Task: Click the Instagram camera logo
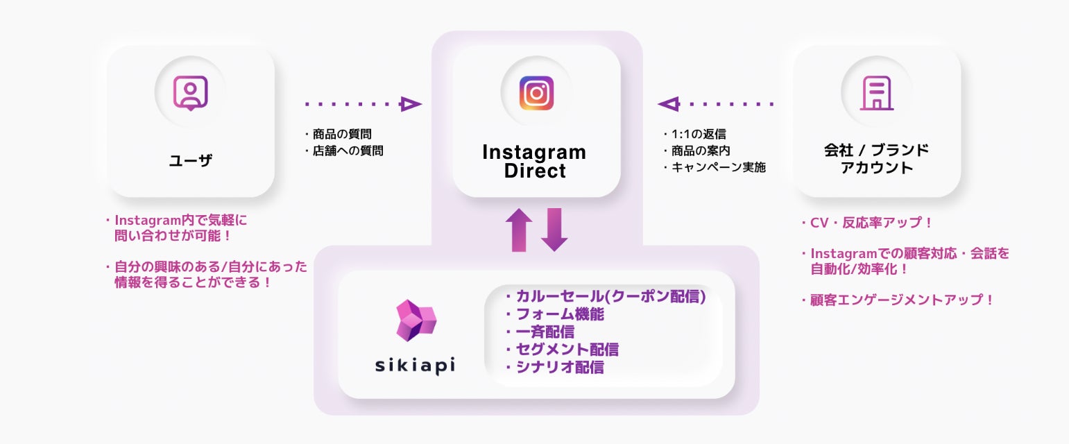[x=536, y=93]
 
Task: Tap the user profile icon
[x=190, y=93]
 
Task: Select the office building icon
[x=877, y=93]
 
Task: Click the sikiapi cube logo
[x=416, y=321]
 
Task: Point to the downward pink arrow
[x=554, y=230]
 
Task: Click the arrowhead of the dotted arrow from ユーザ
[x=410, y=104]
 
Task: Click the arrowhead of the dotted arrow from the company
[x=668, y=104]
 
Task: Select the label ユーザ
[x=190, y=161]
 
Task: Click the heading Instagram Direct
[x=534, y=161]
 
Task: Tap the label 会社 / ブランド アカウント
[x=876, y=159]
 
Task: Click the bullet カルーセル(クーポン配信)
[x=606, y=297]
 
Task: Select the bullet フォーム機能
[x=555, y=314]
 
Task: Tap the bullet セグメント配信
[x=563, y=350]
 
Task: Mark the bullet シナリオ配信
[x=555, y=367]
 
